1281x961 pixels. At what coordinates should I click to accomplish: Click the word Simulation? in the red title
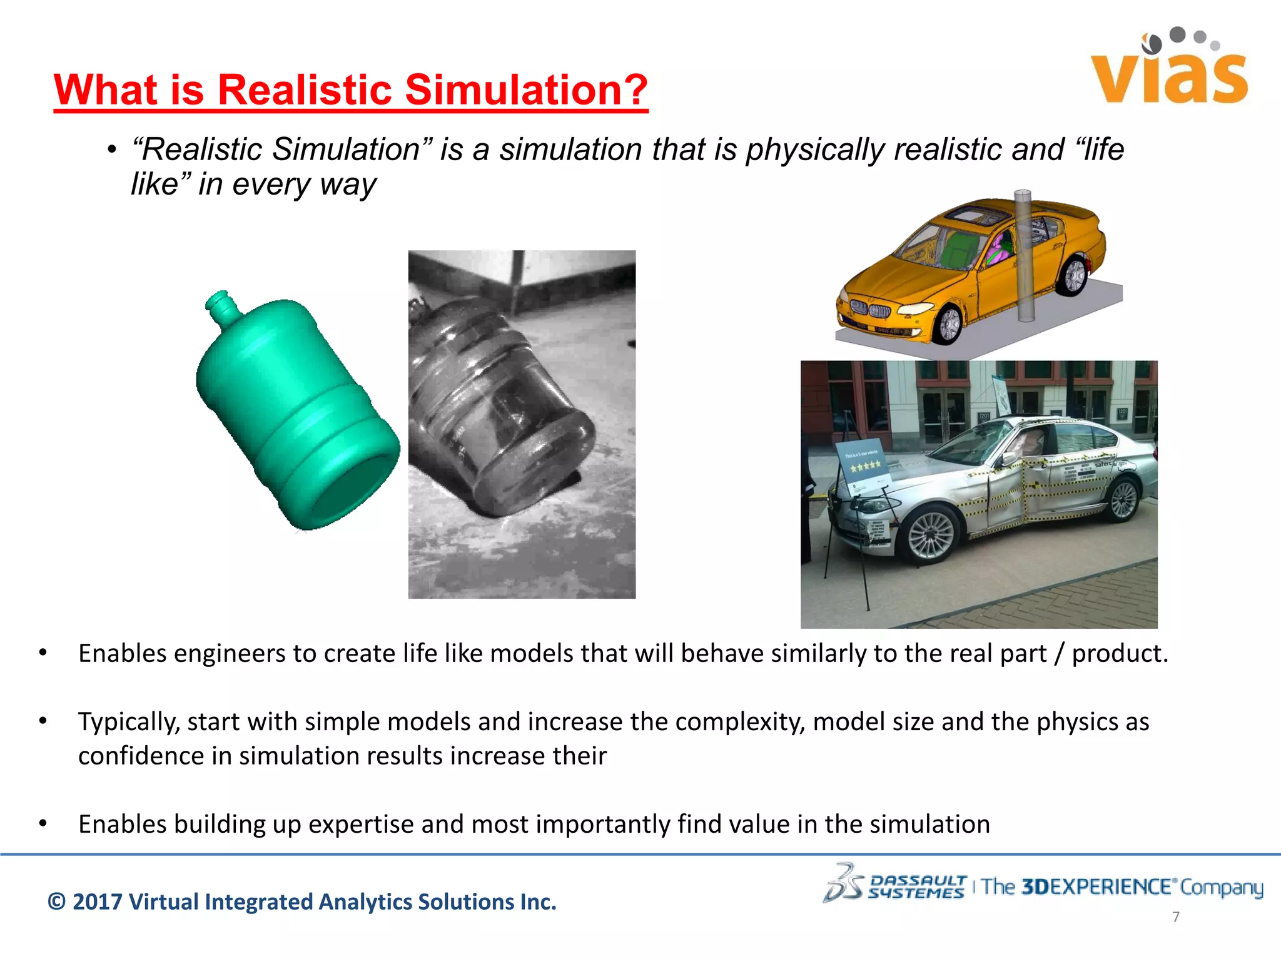[x=527, y=89]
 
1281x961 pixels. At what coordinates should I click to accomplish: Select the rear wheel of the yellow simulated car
[x=1074, y=275]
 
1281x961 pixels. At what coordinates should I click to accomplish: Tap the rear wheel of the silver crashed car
[x=1123, y=499]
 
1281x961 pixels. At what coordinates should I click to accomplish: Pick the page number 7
[x=1176, y=917]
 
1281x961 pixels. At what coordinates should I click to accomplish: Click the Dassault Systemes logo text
[x=917, y=887]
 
